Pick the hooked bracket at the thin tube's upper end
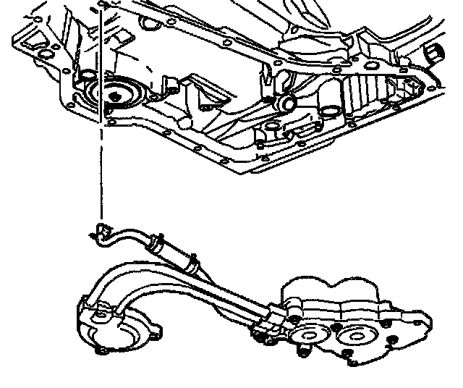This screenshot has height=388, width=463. pyautogui.click(x=99, y=233)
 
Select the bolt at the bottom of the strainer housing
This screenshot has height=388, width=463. pyautogui.click(x=101, y=352)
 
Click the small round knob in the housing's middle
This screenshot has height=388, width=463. pyautogui.click(x=286, y=104)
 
